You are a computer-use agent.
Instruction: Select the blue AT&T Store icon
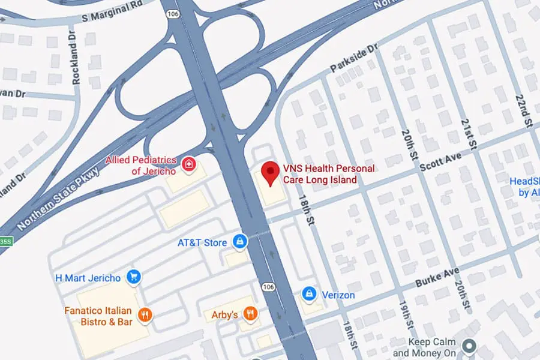240,242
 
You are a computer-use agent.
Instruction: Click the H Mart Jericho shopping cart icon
134,278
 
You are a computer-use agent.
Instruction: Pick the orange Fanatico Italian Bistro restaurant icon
144,314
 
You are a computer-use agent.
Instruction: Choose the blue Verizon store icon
309,294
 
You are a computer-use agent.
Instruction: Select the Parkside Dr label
355,58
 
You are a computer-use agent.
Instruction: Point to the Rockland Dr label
76,48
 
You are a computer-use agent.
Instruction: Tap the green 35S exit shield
5,242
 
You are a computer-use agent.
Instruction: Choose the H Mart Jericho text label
88,278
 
